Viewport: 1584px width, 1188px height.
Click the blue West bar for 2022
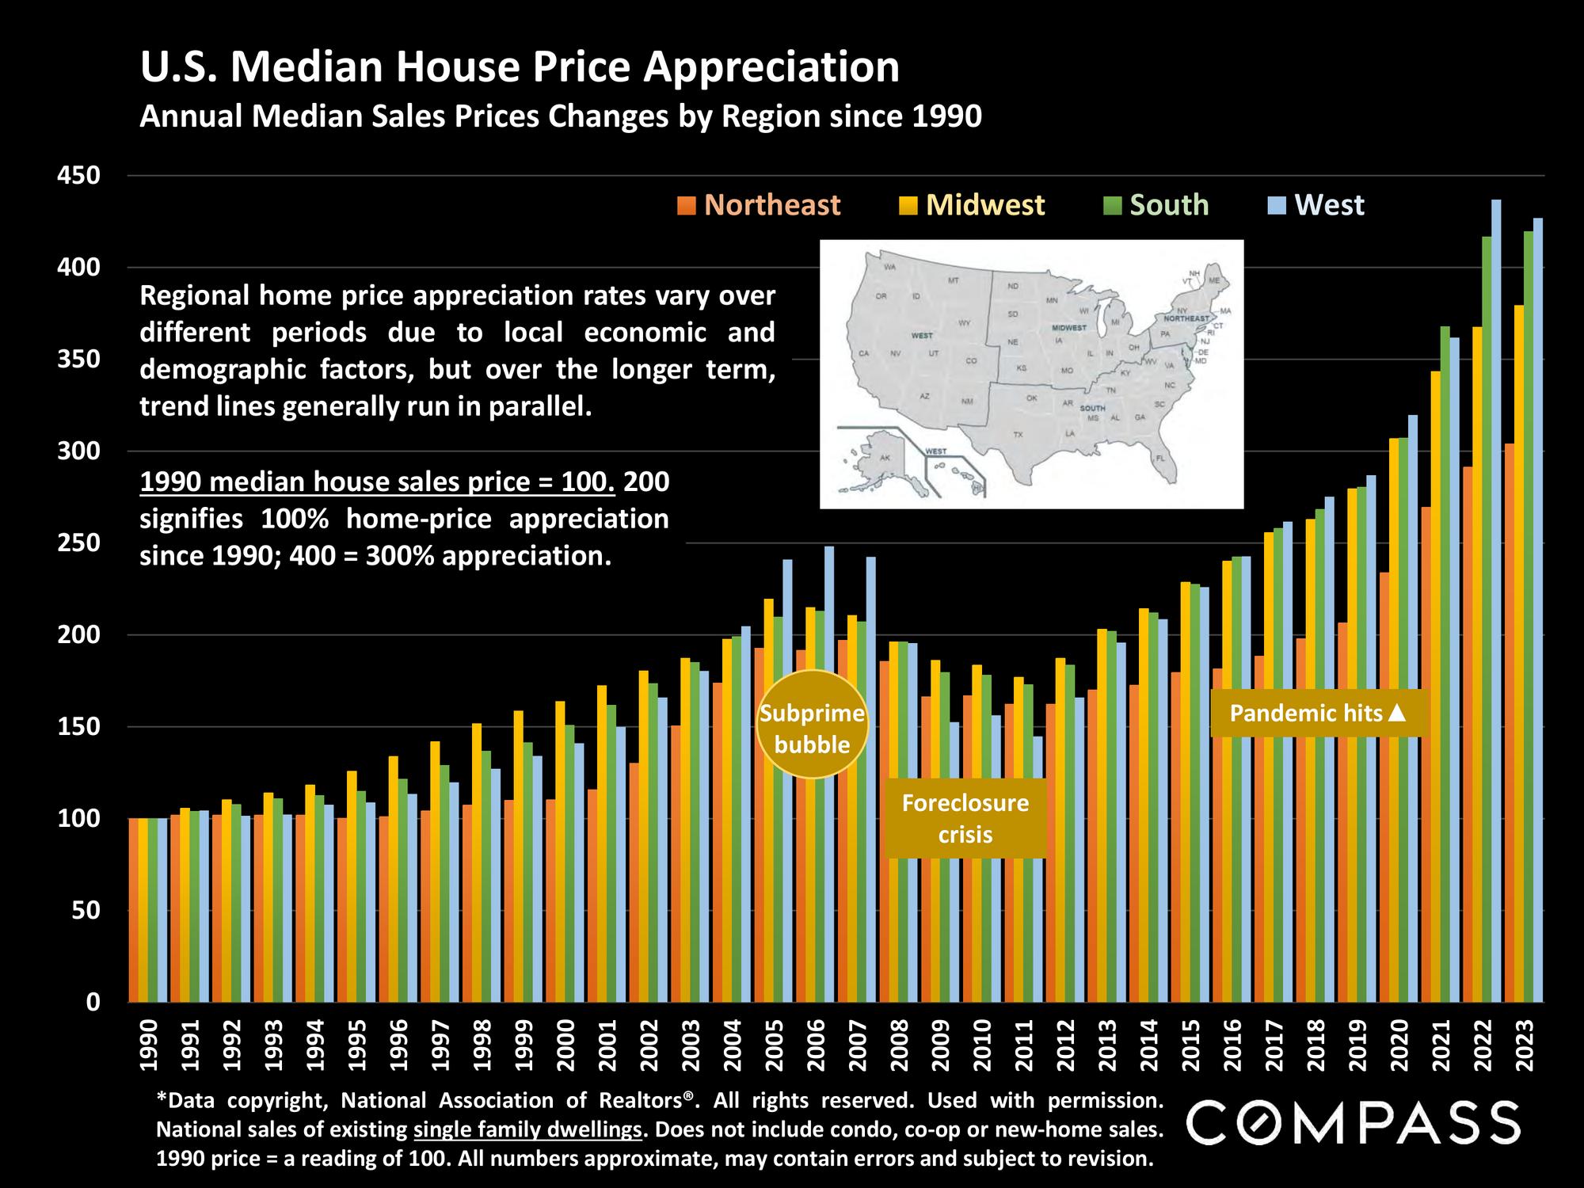click(1496, 602)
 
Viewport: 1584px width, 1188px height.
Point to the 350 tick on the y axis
click(80, 360)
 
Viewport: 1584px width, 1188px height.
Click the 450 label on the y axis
click(80, 176)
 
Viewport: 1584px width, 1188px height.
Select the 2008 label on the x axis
click(899, 1045)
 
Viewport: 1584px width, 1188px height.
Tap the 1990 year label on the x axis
click(148, 1045)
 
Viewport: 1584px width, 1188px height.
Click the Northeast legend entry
click(760, 205)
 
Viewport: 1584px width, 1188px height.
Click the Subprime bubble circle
click(813, 725)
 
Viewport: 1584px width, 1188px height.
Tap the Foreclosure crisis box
click(965, 818)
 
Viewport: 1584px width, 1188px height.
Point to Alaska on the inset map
click(883, 459)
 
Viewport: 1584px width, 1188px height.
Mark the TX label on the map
click(1017, 435)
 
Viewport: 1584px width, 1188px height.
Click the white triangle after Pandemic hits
click(1397, 714)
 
